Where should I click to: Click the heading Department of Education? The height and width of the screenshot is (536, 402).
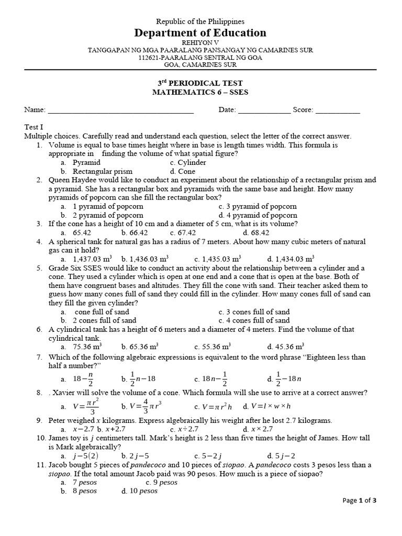(x=201, y=33)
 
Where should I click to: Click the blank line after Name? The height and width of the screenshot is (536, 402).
(x=121, y=111)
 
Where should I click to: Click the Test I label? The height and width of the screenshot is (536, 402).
(x=34, y=127)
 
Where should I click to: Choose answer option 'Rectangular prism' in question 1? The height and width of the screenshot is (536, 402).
(x=103, y=171)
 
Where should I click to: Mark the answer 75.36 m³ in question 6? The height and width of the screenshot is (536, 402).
(x=87, y=346)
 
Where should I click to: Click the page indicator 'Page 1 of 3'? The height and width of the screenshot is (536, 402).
(x=359, y=500)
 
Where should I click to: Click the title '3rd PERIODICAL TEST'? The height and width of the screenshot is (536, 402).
(x=200, y=83)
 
